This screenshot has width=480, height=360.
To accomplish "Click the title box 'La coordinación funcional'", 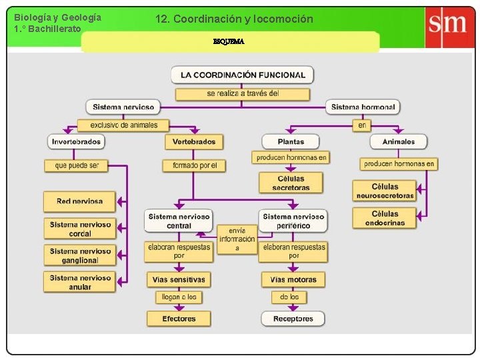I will point(243,75).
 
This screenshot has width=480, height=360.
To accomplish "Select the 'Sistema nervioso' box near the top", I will point(123,107).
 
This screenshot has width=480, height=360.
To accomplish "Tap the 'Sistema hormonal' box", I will point(363,107).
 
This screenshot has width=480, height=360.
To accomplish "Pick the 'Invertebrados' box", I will point(77,141).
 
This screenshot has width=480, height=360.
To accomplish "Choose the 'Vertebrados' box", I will point(194,141).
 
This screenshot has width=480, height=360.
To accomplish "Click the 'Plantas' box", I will point(291,141).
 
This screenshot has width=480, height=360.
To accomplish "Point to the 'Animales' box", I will point(399,141).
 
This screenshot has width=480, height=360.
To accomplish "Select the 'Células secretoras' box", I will point(291,183).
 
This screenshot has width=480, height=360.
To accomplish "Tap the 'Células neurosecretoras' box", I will point(385,191).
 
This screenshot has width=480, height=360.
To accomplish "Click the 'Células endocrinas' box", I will point(385,218).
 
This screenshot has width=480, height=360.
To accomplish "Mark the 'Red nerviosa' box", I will point(79,201).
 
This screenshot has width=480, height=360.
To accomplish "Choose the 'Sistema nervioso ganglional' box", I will point(80,255).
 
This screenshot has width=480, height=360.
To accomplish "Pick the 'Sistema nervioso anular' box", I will point(80,282).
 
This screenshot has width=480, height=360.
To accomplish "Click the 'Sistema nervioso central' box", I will point(179,221).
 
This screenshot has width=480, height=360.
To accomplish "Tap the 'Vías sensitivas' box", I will point(179,279).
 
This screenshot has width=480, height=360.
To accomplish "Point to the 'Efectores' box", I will point(179,319).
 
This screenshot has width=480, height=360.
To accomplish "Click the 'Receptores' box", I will point(293,319).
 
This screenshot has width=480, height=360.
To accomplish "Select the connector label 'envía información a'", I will point(237,239).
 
